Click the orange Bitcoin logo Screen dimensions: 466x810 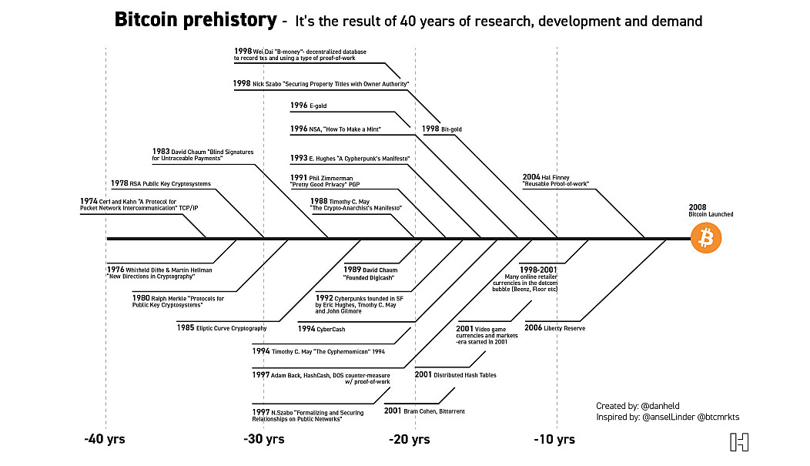click(706, 239)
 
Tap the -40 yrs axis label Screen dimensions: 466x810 click(105, 440)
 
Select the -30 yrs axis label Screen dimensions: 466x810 click(264, 440)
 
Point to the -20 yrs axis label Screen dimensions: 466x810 click(410, 440)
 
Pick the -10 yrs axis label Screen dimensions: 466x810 click(554, 440)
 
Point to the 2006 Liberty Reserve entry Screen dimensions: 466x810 click(554, 327)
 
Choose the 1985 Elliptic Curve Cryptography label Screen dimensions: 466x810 click(222, 327)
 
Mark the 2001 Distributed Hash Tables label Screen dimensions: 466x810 click(455, 374)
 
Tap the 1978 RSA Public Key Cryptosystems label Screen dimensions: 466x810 click(160, 183)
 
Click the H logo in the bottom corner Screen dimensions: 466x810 click(739, 442)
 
